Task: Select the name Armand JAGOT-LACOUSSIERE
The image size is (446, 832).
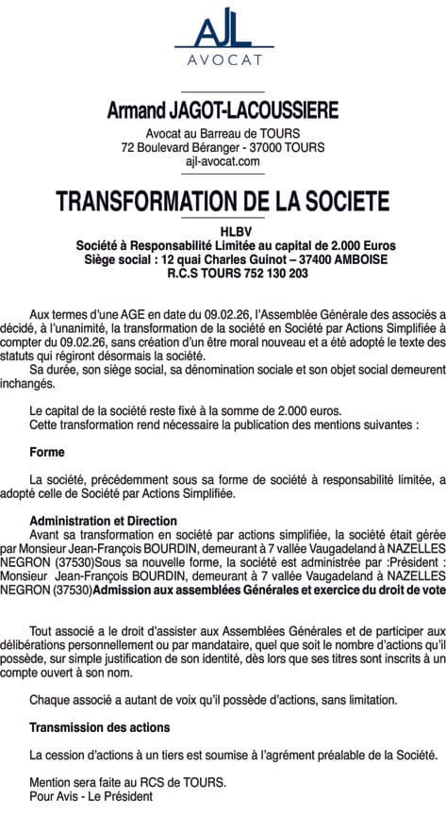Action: click(223, 111)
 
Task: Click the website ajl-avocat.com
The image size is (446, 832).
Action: click(223, 162)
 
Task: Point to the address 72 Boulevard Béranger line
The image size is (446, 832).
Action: click(223, 148)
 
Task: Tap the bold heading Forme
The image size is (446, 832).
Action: click(47, 453)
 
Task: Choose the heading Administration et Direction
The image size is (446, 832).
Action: click(103, 521)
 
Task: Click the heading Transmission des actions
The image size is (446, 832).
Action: click(99, 728)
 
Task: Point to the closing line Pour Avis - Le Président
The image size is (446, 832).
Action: click(91, 796)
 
